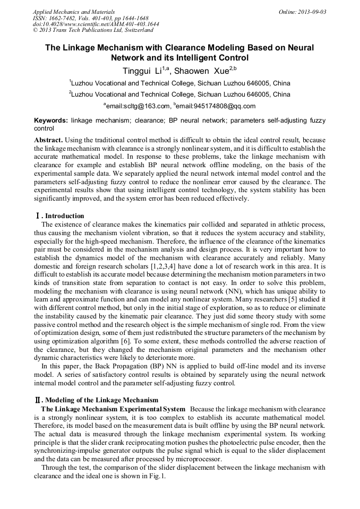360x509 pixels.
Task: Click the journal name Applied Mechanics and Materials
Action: click(x=74, y=12)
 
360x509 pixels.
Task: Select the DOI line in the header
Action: click(x=96, y=24)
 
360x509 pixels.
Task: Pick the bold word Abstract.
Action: click(x=47, y=139)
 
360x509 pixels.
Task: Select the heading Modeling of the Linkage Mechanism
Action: click(x=101, y=400)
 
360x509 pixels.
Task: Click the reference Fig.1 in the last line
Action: click(x=159, y=476)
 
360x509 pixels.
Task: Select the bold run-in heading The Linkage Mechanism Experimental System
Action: click(x=113, y=409)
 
